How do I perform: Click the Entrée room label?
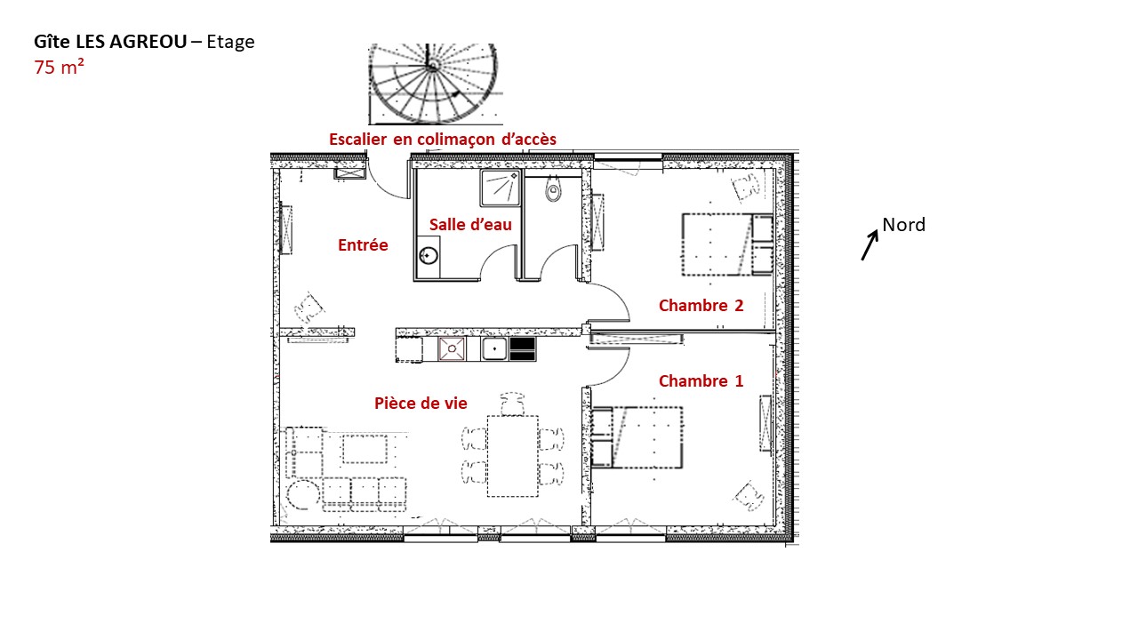click(x=363, y=244)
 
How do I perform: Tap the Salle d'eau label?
click(x=470, y=225)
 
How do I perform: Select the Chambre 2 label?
click(x=701, y=305)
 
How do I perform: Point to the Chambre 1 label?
click(x=701, y=381)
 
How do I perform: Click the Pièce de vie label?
click(x=421, y=404)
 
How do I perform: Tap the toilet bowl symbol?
click(x=553, y=189)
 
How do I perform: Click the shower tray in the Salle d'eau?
click(x=501, y=188)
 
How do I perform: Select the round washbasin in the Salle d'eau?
click(x=429, y=254)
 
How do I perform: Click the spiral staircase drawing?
click(x=433, y=84)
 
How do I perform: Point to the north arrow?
click(x=870, y=245)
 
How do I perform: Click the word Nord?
click(x=904, y=225)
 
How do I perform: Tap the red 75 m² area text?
click(x=59, y=67)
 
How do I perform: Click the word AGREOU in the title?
click(x=148, y=42)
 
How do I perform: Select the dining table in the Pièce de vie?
click(x=513, y=456)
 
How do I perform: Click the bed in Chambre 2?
click(x=727, y=244)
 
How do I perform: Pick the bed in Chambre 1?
click(x=637, y=437)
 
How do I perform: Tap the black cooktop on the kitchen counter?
click(x=523, y=349)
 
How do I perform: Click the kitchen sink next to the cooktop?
click(x=493, y=349)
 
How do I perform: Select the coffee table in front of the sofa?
click(x=365, y=449)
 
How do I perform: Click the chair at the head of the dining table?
click(x=512, y=404)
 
